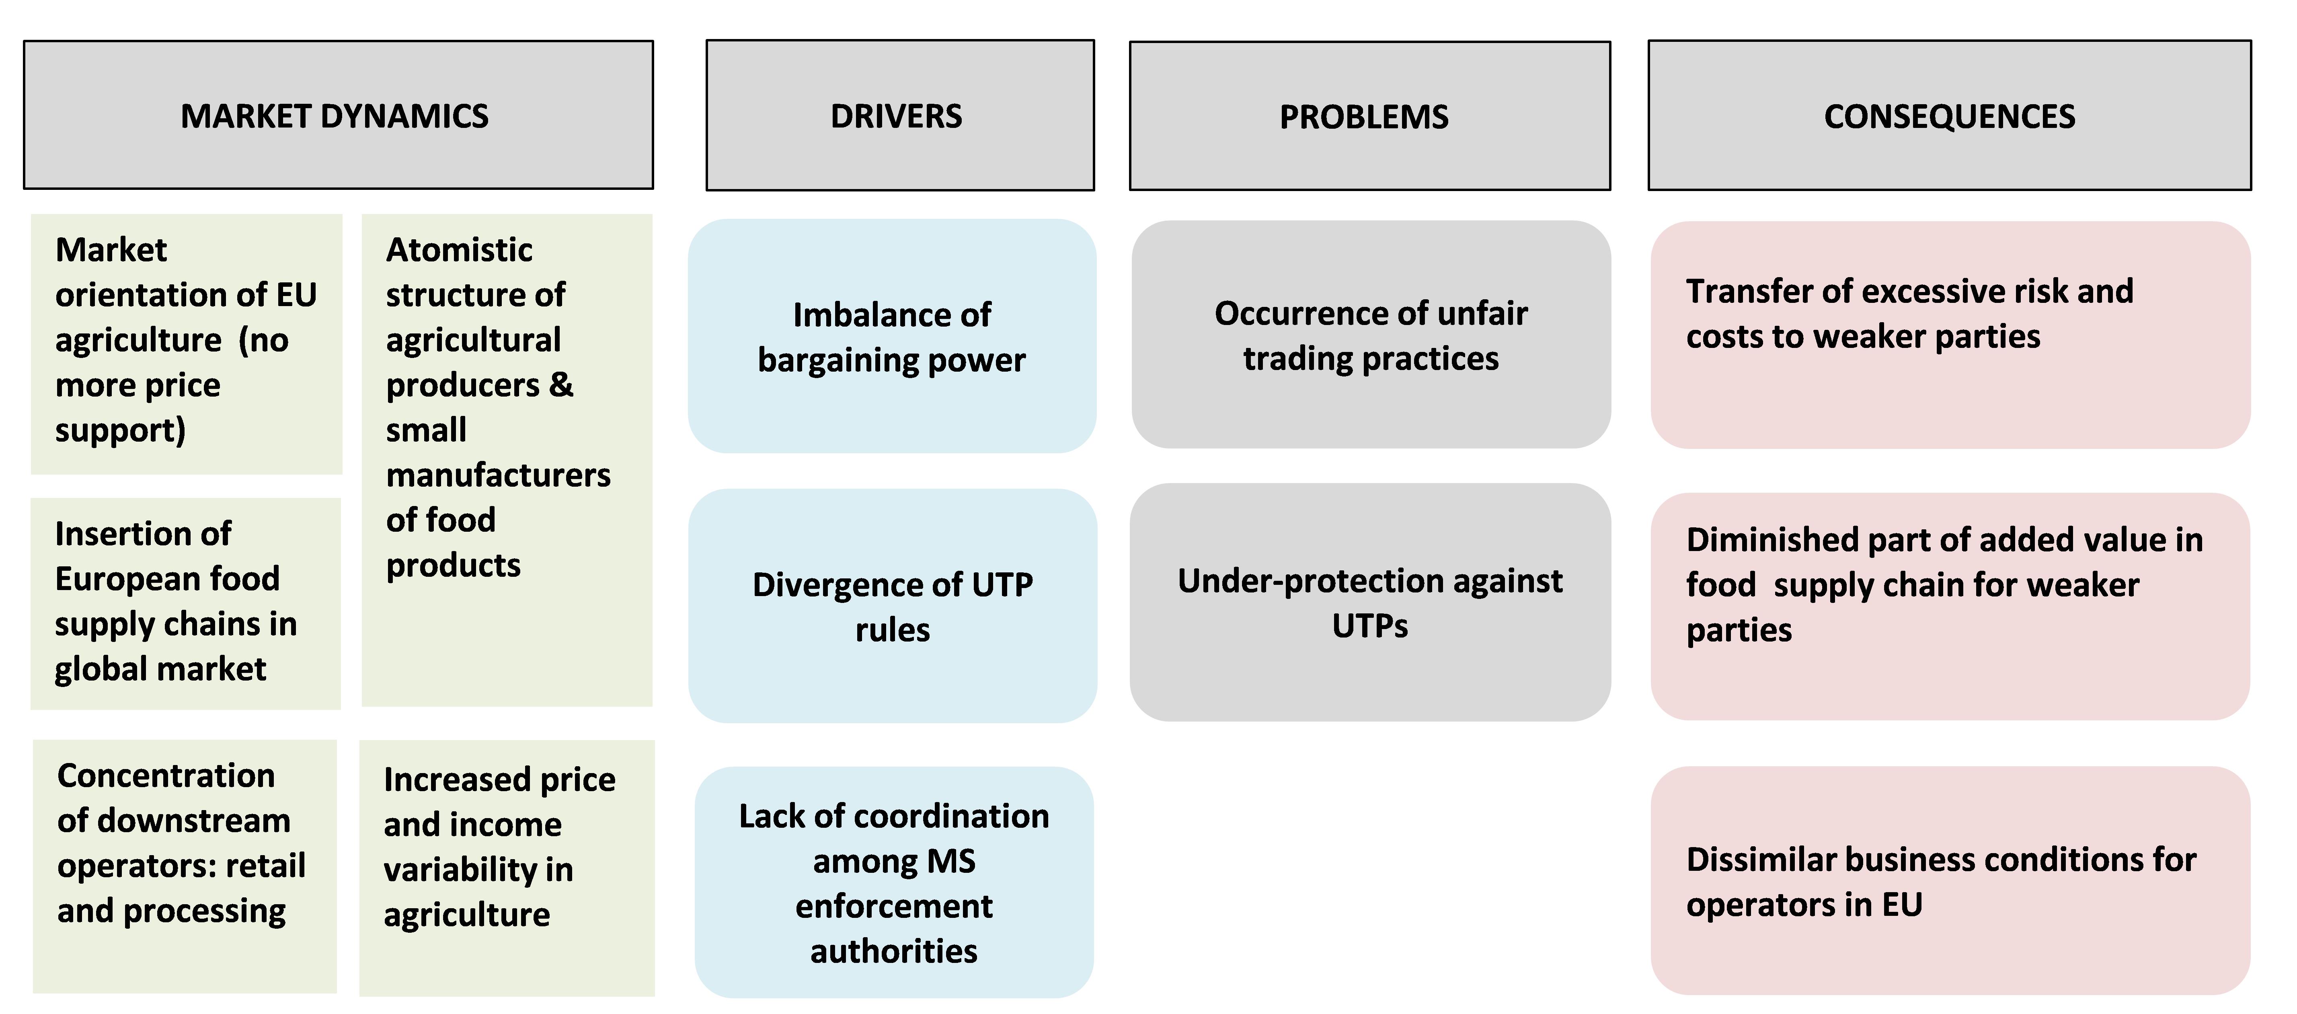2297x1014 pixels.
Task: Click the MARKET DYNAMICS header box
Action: point(338,115)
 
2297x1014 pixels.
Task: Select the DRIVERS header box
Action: point(900,115)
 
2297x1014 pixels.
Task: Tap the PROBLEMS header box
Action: point(1370,116)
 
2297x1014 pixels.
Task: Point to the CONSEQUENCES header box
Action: point(1949,115)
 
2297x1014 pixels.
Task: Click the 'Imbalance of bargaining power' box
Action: point(892,336)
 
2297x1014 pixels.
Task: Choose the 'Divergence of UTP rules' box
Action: point(893,606)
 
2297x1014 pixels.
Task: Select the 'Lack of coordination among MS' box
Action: point(894,882)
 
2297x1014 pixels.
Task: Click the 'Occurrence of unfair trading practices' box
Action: point(1371,334)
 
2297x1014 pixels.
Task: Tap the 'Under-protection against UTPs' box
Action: point(1370,602)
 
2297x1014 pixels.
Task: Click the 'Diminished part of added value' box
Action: point(1950,607)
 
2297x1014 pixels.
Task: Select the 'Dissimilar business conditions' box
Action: point(1950,880)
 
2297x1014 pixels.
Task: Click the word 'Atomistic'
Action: point(459,250)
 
